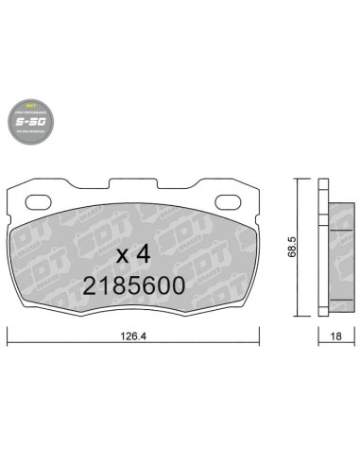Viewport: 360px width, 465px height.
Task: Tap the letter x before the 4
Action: [121, 255]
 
